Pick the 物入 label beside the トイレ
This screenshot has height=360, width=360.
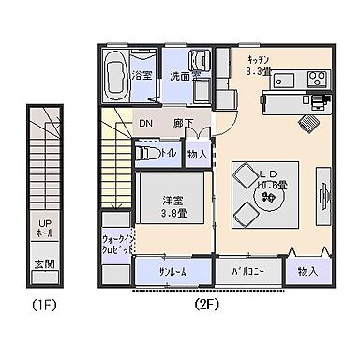click(x=197, y=154)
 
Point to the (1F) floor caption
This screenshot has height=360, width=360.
click(x=44, y=305)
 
